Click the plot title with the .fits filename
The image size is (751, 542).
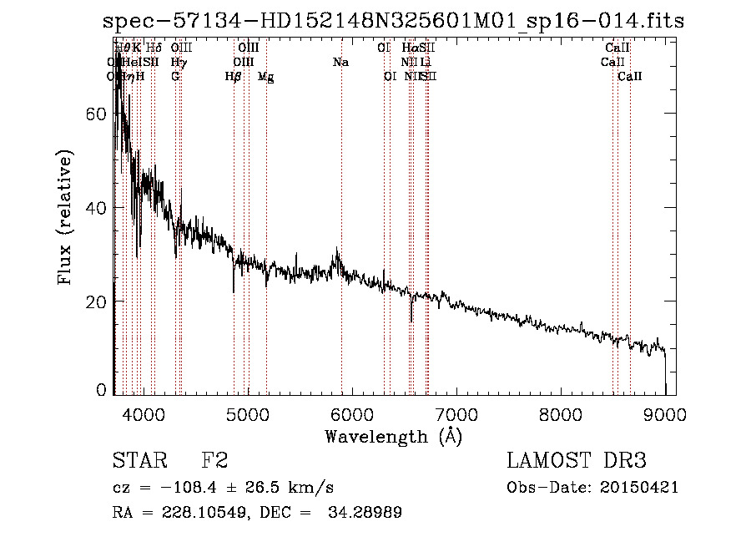[393, 22]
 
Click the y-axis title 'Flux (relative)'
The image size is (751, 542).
[67, 217]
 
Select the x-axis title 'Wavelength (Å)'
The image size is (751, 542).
[393, 436]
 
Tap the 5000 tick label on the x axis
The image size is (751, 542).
[247, 413]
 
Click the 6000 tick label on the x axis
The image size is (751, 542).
[351, 413]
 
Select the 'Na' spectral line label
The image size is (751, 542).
[340, 62]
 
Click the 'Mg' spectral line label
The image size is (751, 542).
[265, 77]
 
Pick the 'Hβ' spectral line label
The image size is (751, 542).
[233, 77]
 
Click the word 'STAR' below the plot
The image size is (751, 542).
[138, 461]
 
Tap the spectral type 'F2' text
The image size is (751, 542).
[214, 461]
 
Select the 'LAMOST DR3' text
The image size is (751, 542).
[576, 461]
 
